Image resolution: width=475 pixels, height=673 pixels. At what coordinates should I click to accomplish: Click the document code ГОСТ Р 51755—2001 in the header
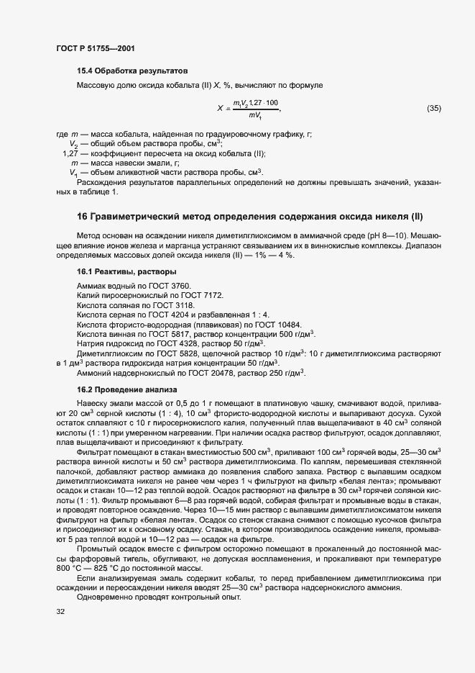[95, 48]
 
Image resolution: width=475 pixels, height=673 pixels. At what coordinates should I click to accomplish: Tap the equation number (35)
[433, 109]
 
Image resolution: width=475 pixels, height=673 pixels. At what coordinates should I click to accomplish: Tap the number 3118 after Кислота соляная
[172, 304]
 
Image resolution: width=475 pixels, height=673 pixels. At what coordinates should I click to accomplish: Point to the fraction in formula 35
[255, 109]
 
